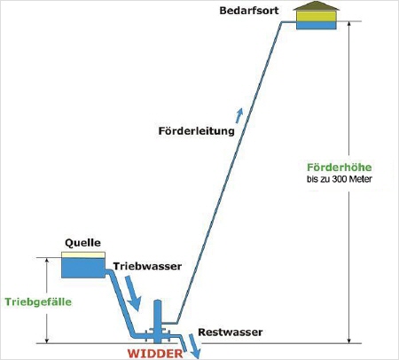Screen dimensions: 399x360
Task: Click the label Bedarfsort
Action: coord(249,11)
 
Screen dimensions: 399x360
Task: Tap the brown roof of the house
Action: coord(316,6)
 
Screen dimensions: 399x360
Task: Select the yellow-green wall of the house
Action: coord(317,16)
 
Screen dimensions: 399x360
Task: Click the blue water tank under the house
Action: coord(317,25)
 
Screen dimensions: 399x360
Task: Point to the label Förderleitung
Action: coord(197,131)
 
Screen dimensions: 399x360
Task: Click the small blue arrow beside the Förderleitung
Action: coord(239,115)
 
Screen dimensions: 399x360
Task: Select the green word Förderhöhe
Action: coord(340,168)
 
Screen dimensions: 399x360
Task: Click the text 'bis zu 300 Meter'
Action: coord(340,179)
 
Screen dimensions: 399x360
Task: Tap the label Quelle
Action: coord(82,243)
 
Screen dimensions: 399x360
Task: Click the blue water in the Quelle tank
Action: coord(83,268)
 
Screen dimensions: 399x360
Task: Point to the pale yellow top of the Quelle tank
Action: coord(83,254)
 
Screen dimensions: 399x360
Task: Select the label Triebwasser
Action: coord(147,266)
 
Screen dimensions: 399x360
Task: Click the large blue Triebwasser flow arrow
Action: coord(132,293)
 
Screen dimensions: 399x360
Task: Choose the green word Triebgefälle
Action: coord(38,301)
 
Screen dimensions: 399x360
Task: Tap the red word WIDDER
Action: coord(155,354)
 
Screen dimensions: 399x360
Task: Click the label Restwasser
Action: coord(231,332)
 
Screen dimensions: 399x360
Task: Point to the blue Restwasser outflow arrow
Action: coord(195,347)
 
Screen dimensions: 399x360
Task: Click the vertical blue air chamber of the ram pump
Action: coord(158,321)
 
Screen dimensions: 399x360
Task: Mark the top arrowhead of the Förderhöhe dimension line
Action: coord(349,24)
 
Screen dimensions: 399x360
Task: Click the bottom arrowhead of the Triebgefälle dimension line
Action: coord(47,340)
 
